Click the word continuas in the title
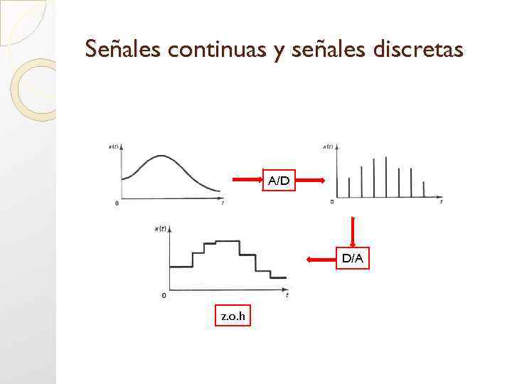[217, 49]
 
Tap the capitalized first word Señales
[124, 49]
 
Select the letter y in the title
[279, 51]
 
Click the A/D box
[279, 181]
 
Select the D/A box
[352, 259]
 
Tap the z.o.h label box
[233, 316]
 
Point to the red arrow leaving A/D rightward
[311, 181]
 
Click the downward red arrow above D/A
[352, 230]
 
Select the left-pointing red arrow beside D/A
[320, 260]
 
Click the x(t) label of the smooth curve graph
[113, 146]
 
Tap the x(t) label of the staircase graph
[161, 228]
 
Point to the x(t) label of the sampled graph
[328, 146]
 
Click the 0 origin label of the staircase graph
[164, 295]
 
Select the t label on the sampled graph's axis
[440, 203]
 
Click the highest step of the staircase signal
[227, 242]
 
